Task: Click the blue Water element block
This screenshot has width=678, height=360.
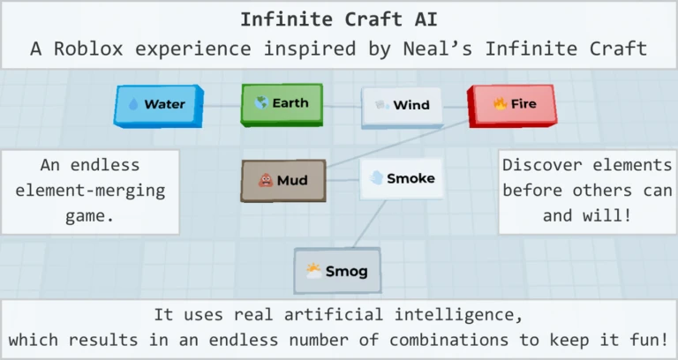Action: pyautogui.click(x=159, y=106)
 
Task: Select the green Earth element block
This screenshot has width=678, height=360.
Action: pyautogui.click(x=282, y=105)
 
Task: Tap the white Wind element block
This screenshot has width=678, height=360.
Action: pyautogui.click(x=403, y=107)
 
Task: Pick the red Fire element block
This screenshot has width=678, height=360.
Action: pyautogui.click(x=512, y=106)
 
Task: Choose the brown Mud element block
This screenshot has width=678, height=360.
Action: pyautogui.click(x=283, y=181)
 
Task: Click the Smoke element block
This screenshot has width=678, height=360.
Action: pyautogui.click(x=402, y=178)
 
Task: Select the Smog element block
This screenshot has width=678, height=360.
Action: pyautogui.click(x=337, y=271)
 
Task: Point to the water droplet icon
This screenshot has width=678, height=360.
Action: pyautogui.click(x=133, y=104)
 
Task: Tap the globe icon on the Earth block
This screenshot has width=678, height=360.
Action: pyautogui.click(x=261, y=103)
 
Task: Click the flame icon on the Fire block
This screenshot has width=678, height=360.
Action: pyautogui.click(x=501, y=104)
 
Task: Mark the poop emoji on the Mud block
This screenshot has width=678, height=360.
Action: pyautogui.click(x=266, y=180)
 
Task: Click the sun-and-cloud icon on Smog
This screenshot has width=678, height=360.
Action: pyautogui.click(x=313, y=271)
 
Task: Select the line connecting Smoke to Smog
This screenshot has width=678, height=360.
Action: pyautogui.click(x=369, y=224)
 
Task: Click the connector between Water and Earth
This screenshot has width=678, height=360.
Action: pyautogui.click(x=222, y=106)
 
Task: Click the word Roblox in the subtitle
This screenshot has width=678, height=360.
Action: pyautogui.click(x=88, y=49)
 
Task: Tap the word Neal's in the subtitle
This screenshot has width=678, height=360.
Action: pyautogui.click(x=438, y=49)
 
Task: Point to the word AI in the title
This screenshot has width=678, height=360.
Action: pyautogui.click(x=426, y=19)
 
